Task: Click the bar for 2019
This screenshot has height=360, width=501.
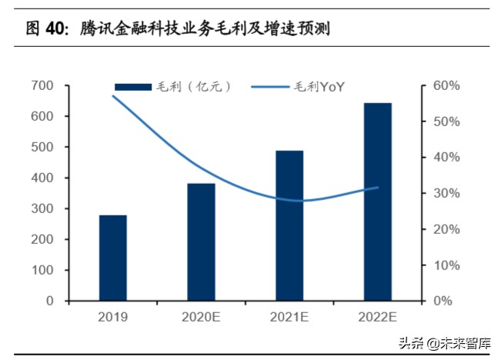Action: point(113,258)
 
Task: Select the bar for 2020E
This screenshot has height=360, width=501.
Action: point(201,242)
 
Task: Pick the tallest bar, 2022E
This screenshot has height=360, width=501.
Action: point(377,202)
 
